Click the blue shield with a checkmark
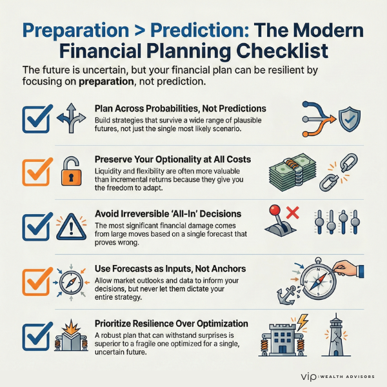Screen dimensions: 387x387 tap(349, 119)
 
